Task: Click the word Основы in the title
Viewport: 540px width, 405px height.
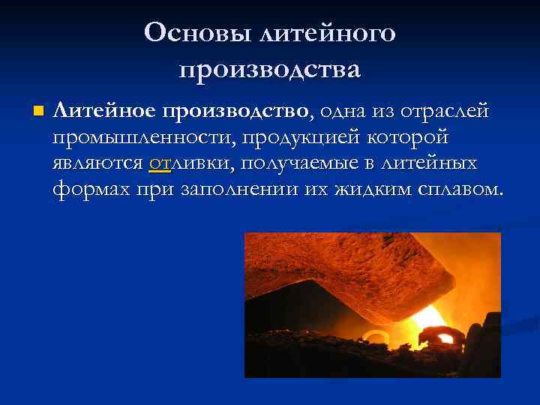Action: pos(196,33)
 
